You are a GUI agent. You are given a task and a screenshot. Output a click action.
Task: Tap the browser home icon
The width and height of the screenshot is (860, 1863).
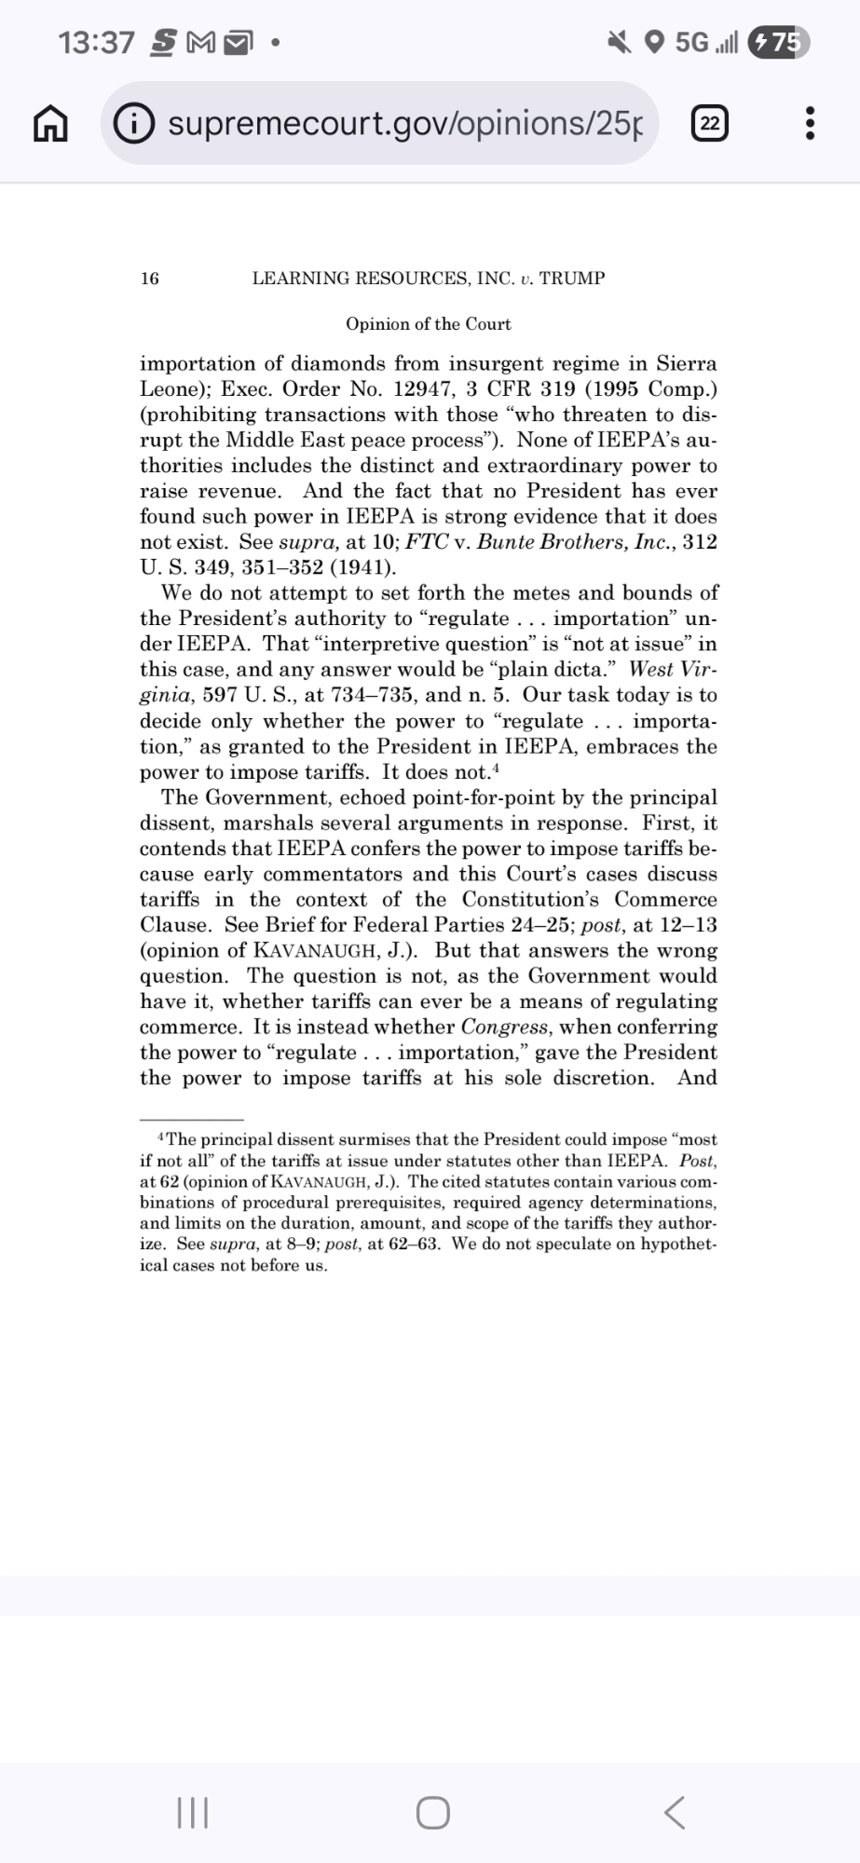tap(51, 124)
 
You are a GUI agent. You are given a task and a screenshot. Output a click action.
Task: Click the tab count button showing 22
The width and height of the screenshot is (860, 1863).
tap(710, 124)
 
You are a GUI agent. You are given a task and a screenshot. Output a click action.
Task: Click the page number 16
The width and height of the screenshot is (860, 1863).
tap(149, 279)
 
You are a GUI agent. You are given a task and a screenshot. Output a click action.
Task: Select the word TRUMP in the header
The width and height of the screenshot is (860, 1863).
tap(572, 279)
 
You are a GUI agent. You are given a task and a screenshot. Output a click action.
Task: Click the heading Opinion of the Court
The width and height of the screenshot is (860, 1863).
tap(428, 324)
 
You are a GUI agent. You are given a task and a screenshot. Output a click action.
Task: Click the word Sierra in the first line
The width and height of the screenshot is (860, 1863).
tap(687, 363)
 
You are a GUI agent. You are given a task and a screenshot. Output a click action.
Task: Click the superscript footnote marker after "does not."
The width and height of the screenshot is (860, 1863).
tap(497, 768)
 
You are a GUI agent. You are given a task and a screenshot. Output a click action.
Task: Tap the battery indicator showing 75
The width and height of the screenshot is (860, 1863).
tap(779, 42)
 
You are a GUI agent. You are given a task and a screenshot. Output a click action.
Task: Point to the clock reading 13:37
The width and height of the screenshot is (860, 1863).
tap(96, 43)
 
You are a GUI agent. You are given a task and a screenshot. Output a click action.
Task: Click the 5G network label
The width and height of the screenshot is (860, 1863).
tap(691, 43)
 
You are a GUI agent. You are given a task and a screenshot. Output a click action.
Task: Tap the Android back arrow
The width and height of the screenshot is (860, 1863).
tap(675, 1813)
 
